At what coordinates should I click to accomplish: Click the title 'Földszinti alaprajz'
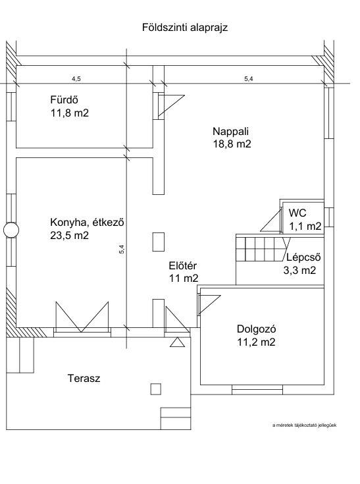pos(185,28)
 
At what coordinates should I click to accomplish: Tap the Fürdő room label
pos(64,99)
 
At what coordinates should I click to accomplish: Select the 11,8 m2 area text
pos(70,113)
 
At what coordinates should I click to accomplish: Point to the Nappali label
pos(231,132)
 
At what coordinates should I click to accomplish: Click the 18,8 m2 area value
pos(232,144)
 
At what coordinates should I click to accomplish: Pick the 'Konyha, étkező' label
pos(87,223)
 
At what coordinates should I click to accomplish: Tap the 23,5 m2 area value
pos(69,236)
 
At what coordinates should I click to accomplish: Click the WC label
pos(297,213)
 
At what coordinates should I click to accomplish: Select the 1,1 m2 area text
pos(305,227)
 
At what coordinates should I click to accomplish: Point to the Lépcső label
pos(303,257)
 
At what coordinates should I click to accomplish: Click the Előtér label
pos(182,266)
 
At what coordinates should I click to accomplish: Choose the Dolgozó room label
pos(257,329)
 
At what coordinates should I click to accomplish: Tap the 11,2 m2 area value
pos(256,342)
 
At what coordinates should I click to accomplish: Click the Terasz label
pos(84,379)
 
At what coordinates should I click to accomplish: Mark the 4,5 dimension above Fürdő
pos(76,79)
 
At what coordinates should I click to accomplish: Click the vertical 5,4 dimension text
pos(122,249)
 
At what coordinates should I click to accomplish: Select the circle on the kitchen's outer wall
pos(11,230)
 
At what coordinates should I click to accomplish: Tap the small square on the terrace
pos(156,389)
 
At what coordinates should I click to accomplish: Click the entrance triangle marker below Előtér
pos(178,342)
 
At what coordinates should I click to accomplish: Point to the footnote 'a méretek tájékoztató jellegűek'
pos(305,425)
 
